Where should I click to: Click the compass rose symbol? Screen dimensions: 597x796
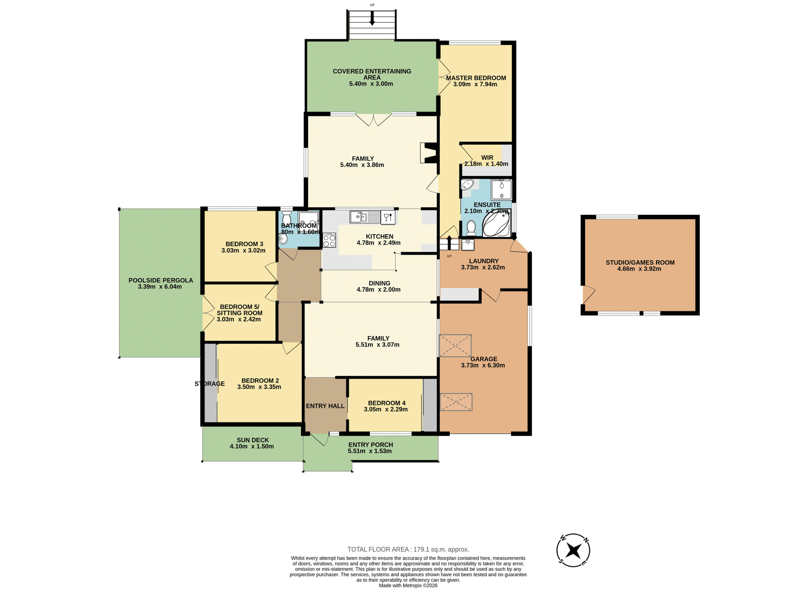point(573,551)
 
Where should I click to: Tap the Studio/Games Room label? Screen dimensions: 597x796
point(640,262)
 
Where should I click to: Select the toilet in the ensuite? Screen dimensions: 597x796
point(471,228)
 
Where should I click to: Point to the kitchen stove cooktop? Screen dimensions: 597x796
point(329,240)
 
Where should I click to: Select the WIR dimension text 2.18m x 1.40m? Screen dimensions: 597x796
point(486,164)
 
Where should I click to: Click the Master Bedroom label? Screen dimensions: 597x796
point(476,78)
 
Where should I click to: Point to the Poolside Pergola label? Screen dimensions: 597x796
point(160,280)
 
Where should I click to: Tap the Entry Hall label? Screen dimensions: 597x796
point(325,406)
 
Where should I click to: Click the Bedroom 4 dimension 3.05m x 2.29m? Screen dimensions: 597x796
point(386,410)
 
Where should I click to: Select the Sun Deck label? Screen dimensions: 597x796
point(253,440)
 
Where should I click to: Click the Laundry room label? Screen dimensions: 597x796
point(483,261)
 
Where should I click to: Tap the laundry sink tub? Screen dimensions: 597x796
point(468,245)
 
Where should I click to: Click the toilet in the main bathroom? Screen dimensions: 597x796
point(286,218)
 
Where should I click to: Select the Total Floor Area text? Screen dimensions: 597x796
point(408,549)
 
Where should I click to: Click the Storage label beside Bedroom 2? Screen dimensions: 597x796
point(209,384)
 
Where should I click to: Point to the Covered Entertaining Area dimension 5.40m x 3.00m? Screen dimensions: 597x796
point(371,84)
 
